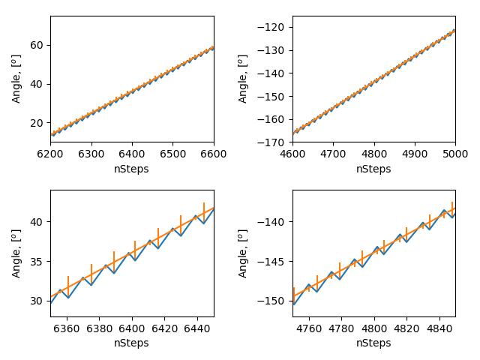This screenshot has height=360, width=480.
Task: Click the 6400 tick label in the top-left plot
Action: (132, 152)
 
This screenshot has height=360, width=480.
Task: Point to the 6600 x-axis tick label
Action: (214, 152)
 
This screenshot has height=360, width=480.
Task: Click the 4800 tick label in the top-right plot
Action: (373, 152)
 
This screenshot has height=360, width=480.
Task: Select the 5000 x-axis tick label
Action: (454, 152)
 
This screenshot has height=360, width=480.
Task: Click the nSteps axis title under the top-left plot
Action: (132, 169)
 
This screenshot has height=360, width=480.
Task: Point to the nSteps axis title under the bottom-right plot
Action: (373, 343)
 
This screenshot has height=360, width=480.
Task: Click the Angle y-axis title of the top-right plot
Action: (243, 79)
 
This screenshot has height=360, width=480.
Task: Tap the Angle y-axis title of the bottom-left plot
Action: (16, 253)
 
